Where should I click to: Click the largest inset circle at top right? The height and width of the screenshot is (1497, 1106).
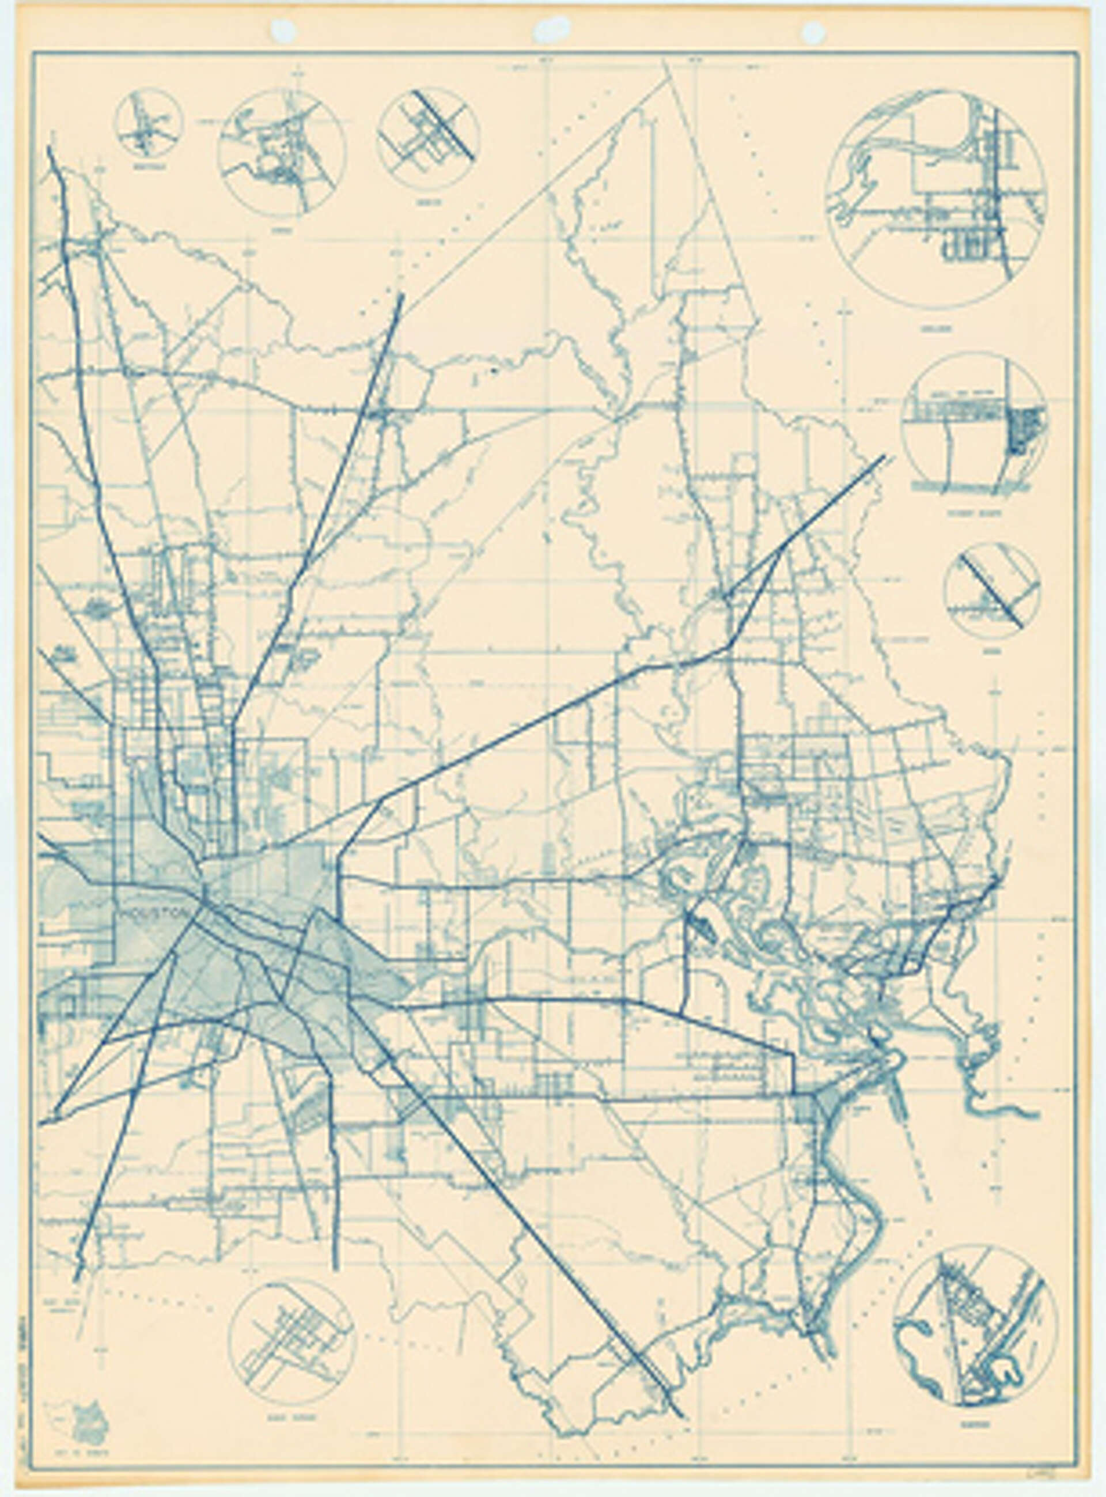tap(936, 195)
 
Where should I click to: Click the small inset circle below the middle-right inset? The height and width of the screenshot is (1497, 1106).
tap(992, 589)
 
